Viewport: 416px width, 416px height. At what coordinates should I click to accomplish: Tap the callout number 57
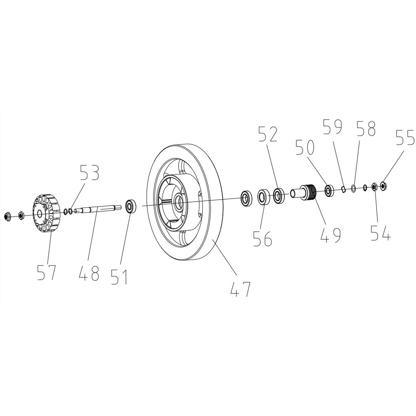click(x=47, y=272)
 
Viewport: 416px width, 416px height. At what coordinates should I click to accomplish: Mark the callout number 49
click(x=330, y=234)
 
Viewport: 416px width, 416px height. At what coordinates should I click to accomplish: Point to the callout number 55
click(x=405, y=138)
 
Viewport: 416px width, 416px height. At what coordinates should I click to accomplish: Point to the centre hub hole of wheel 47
click(x=178, y=201)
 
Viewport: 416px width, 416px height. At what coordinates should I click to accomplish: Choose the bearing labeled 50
click(x=329, y=190)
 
